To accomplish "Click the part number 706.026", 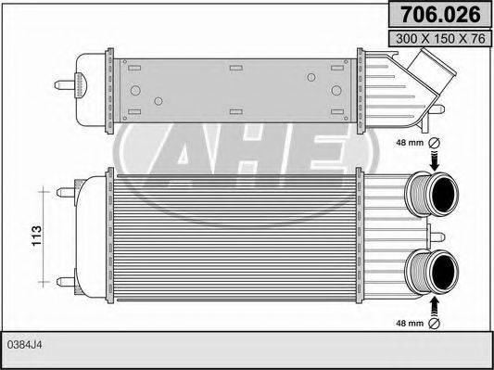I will pos(438,14).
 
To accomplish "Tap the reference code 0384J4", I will pos(26,345).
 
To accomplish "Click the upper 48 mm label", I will pos(409,143).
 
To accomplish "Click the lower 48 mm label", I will pos(409,324).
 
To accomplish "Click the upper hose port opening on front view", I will pos(444,196).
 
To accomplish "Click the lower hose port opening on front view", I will pos(444,271).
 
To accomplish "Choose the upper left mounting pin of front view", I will pos(64,193).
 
